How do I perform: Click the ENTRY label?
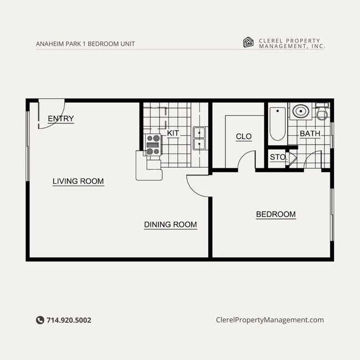[x=60, y=119]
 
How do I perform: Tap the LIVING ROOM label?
[x=78, y=181]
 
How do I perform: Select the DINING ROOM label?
[x=170, y=224]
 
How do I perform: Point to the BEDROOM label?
[x=275, y=214]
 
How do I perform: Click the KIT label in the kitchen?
[x=173, y=133]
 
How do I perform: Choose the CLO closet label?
[x=244, y=137]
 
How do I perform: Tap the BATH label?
[x=310, y=134]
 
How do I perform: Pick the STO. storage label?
[x=277, y=157]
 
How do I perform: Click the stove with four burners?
[x=152, y=145]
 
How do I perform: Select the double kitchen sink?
[x=199, y=138]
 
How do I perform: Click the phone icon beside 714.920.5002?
[x=40, y=320]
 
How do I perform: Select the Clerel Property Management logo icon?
[x=249, y=43]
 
